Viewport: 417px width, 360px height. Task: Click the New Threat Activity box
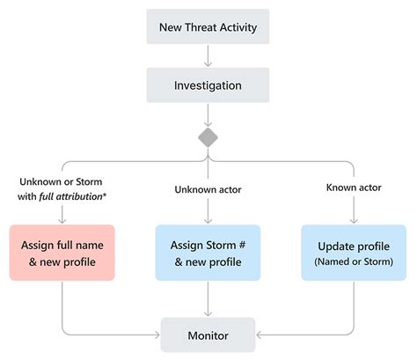point(208,26)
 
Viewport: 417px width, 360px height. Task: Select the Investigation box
point(208,87)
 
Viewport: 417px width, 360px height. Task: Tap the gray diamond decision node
point(208,137)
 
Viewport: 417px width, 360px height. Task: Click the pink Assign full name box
point(62,252)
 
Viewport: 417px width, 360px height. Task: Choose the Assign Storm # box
point(208,252)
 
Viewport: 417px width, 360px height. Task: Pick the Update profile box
point(353,252)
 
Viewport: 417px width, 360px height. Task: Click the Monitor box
point(208,335)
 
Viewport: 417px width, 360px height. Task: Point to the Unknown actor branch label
point(208,188)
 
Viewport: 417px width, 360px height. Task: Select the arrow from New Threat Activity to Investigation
point(208,56)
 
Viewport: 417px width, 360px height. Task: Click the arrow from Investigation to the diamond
point(208,116)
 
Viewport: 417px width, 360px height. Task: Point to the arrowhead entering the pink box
point(62,219)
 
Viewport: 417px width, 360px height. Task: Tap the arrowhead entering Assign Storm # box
point(208,219)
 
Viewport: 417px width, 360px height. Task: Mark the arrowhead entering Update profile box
point(353,219)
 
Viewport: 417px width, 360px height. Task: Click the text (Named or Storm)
point(353,261)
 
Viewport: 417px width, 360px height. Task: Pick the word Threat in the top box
point(208,26)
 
